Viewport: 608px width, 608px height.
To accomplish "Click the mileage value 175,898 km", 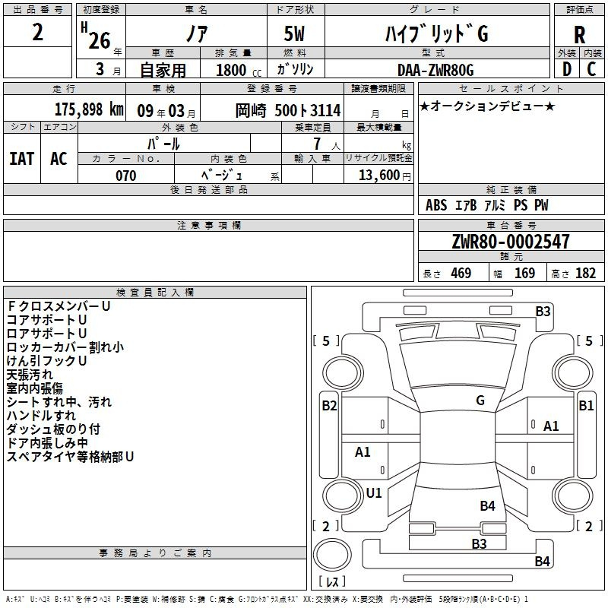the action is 89,109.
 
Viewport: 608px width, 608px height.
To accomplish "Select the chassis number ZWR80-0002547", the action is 511,242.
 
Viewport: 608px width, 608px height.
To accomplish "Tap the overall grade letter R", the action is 579,34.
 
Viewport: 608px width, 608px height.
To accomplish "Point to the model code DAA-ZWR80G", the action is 435,70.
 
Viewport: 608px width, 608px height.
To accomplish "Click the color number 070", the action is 125,176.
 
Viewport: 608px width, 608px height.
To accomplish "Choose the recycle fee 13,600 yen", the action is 385,176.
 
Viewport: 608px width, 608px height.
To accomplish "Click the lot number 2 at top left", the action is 37,32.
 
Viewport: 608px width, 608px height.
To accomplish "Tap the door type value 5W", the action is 294,33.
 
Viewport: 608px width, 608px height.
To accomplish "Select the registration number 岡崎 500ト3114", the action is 288,110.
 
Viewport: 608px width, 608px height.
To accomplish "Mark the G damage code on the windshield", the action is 480,401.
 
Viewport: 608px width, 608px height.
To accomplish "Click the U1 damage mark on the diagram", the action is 374,492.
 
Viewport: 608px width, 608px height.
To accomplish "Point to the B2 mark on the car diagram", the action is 329,406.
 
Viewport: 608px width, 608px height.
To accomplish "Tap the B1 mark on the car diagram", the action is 586,406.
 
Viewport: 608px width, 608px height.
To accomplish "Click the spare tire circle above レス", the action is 332,555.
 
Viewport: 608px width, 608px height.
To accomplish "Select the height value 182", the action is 585,274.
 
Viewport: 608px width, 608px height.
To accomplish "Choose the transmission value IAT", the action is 21,159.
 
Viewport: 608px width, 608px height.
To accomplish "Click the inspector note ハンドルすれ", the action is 41,416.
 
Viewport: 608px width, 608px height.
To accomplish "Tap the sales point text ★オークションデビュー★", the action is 487,106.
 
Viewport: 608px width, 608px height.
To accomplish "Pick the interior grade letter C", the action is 591,69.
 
